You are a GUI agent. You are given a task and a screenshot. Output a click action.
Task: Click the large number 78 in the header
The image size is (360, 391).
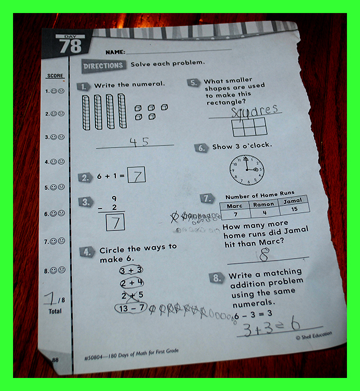tap(70, 46)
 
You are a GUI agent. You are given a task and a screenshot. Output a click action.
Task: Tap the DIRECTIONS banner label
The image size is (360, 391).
tap(103, 66)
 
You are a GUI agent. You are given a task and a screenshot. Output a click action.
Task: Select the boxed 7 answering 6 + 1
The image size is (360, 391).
tap(137, 175)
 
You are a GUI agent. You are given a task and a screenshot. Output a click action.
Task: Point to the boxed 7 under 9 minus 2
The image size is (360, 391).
tap(115, 222)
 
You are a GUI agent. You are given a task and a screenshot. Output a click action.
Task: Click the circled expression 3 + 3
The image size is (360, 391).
tap(131, 270)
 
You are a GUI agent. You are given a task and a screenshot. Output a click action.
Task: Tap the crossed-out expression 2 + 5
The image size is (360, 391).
tap(132, 296)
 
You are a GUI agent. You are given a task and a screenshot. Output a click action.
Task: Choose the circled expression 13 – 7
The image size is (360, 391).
tap(131, 308)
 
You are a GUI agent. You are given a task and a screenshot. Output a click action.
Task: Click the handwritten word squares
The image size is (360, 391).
tap(254, 111)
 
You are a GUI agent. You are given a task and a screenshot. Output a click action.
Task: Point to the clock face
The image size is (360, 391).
tap(247, 170)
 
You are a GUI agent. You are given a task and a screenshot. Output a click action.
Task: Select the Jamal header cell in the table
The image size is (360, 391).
tap(292, 201)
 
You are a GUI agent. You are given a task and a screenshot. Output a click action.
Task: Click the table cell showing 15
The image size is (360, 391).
tap(294, 209)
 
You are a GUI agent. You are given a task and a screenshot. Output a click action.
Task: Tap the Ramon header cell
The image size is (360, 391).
tap(263, 204)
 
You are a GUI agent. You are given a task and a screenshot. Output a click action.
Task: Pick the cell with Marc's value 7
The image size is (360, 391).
tap(235, 214)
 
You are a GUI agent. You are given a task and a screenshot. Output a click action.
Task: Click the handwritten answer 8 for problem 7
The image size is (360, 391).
tap(264, 254)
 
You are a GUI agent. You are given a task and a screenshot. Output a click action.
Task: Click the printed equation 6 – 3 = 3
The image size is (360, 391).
tap(253, 315)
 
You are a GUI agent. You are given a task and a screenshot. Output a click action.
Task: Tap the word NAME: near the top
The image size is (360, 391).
tap(115, 52)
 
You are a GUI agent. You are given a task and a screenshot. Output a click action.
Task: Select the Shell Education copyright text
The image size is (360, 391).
tap(314, 335)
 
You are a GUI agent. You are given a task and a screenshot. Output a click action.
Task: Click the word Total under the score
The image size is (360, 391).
tap(55, 311)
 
